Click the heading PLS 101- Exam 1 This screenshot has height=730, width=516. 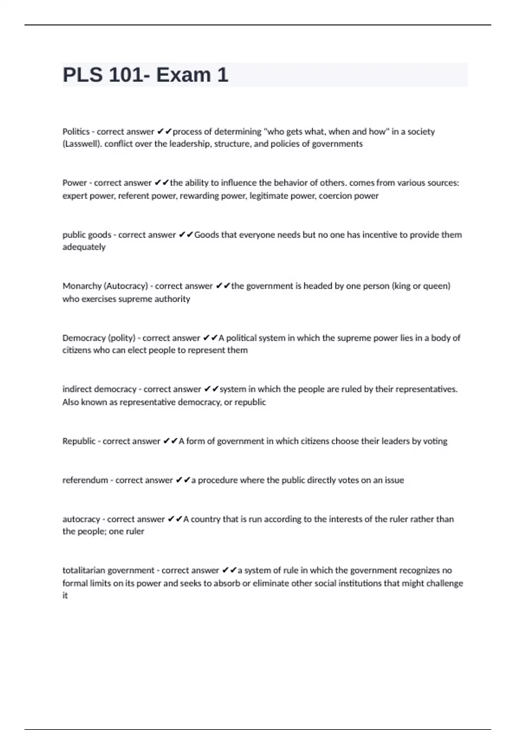pyautogui.click(x=145, y=75)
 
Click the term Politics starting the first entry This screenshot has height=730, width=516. pyautogui.click(x=76, y=131)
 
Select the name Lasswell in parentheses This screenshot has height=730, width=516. pyautogui.click(x=83, y=144)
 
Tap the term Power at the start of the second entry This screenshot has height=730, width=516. pyautogui.click(x=74, y=183)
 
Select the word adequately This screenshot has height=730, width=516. pyautogui.click(x=84, y=247)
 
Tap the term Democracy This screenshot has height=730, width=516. pyautogui.click(x=83, y=338)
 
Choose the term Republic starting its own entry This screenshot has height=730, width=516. pyautogui.click(x=79, y=441)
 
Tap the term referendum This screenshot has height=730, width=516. pyautogui.click(x=85, y=480)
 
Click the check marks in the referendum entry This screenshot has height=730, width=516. pyautogui.click(x=183, y=480)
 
